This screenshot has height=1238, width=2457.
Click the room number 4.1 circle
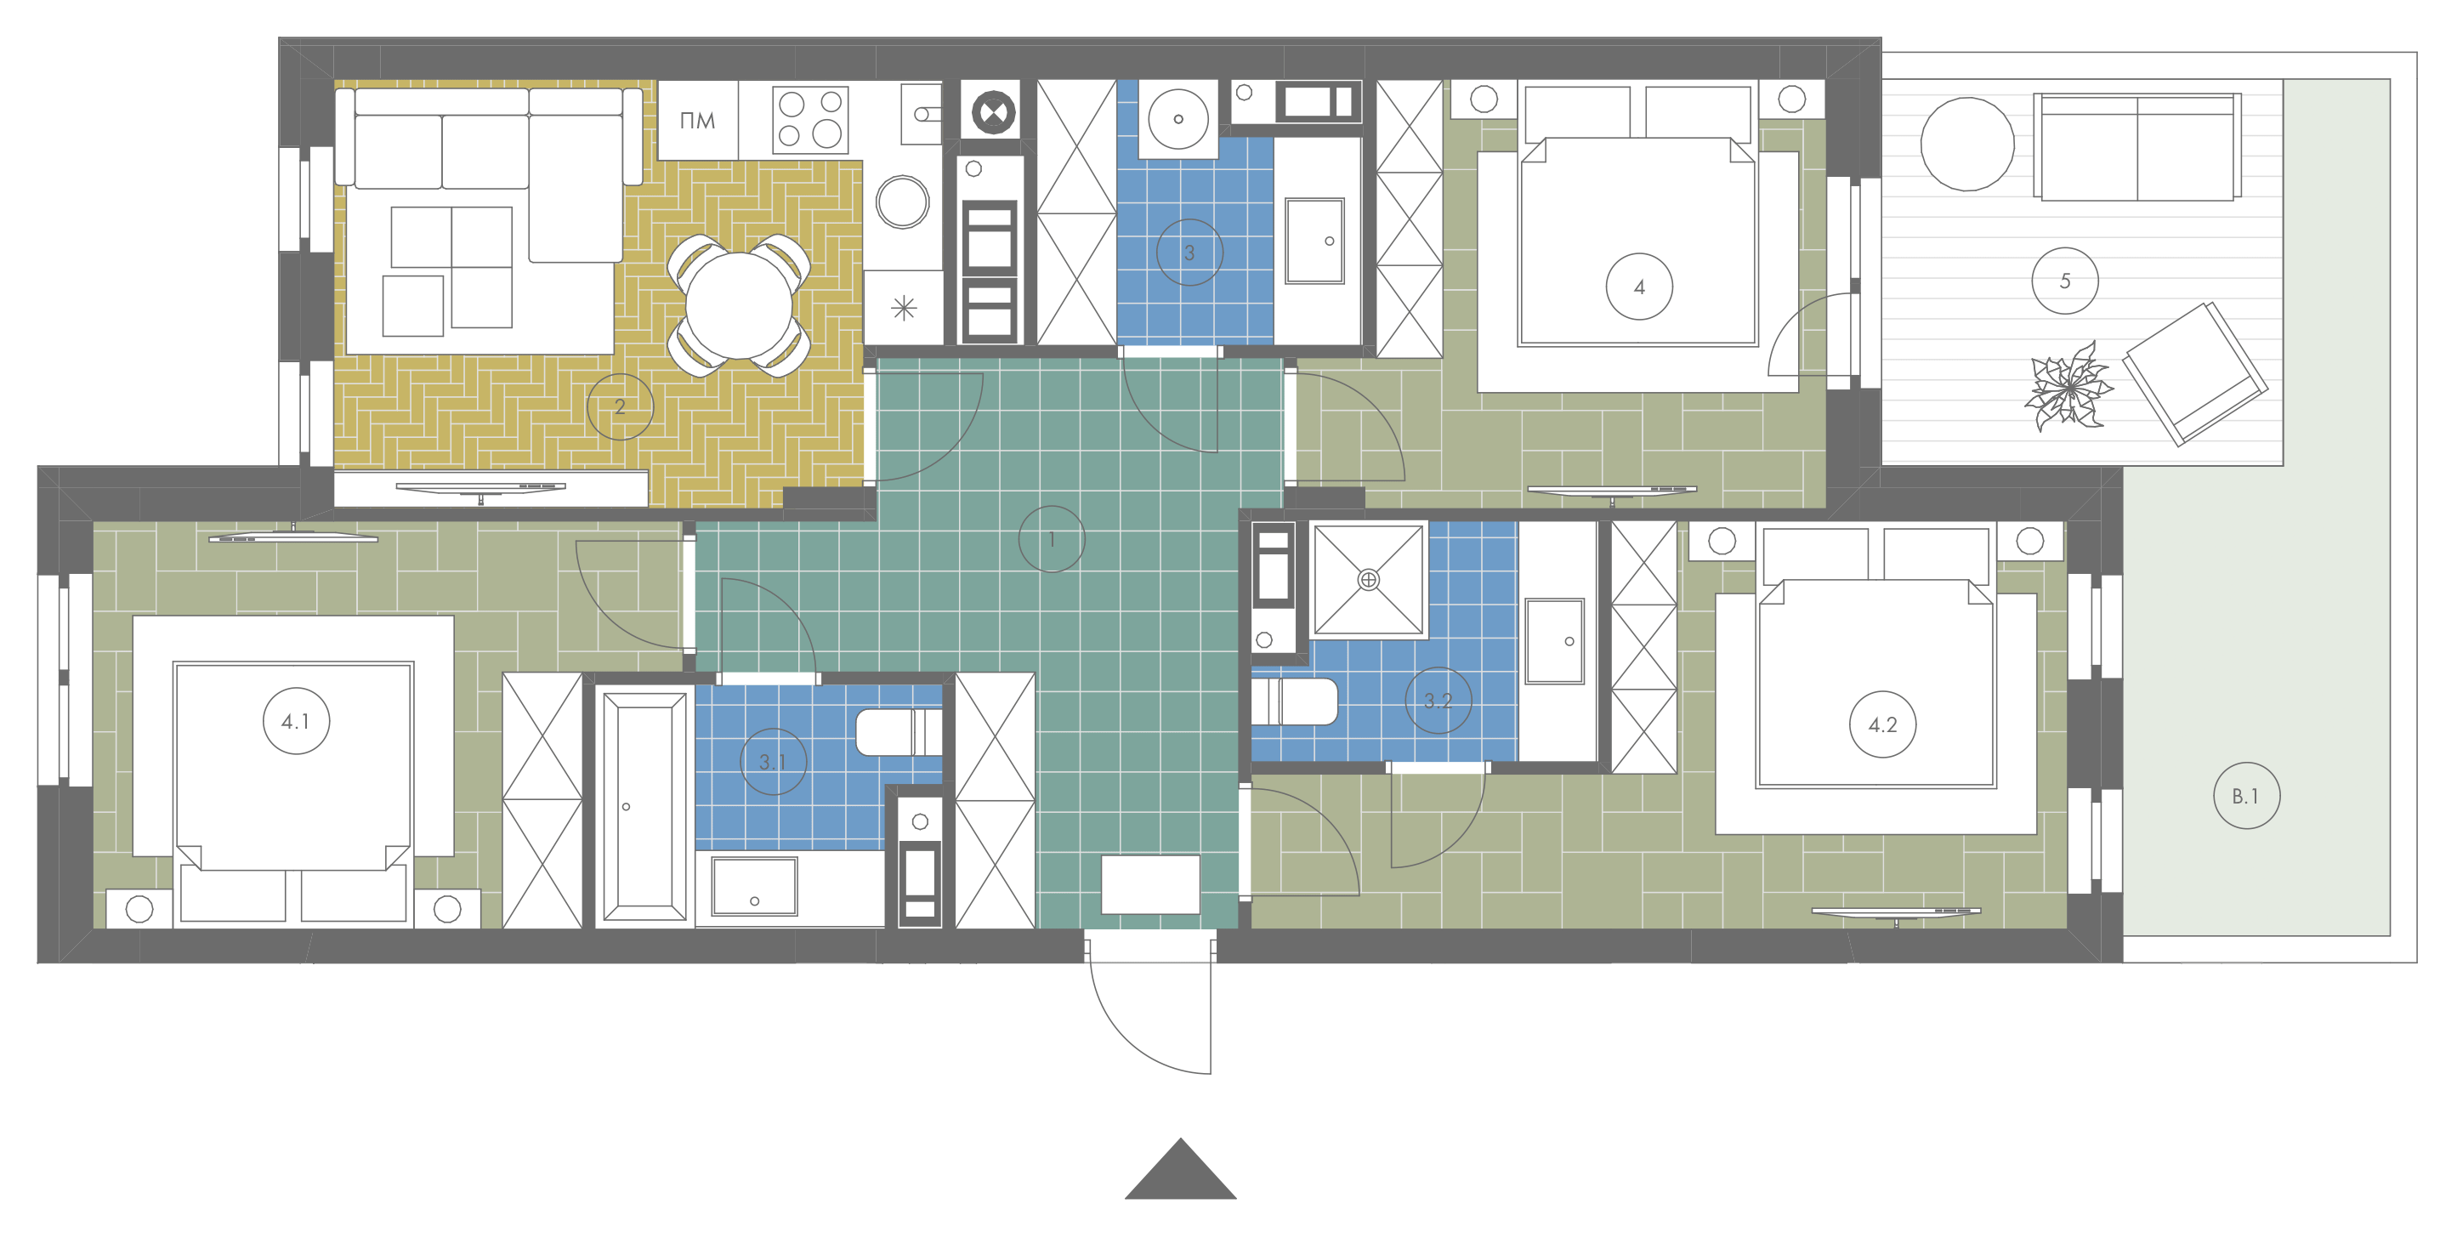point(296,721)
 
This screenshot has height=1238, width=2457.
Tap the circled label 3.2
point(1438,700)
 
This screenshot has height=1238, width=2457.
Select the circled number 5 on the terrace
point(2064,281)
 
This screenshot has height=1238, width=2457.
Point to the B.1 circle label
point(2246,796)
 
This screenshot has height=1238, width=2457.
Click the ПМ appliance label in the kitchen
point(697,121)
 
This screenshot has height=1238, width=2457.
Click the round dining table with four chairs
point(738,305)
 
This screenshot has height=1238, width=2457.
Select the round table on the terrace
point(1966,144)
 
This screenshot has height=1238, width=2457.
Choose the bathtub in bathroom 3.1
point(644,807)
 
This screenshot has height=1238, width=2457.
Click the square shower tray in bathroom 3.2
point(1369,580)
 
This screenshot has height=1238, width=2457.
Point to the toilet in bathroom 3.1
point(899,731)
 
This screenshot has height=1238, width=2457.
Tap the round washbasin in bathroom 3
point(1178,119)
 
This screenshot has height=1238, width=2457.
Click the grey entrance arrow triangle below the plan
point(1180,1168)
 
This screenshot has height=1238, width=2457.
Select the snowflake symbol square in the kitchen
point(903,307)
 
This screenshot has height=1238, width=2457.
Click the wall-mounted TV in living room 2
point(480,489)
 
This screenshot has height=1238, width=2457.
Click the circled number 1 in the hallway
point(1051,539)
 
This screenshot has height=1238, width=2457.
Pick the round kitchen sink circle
point(902,202)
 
